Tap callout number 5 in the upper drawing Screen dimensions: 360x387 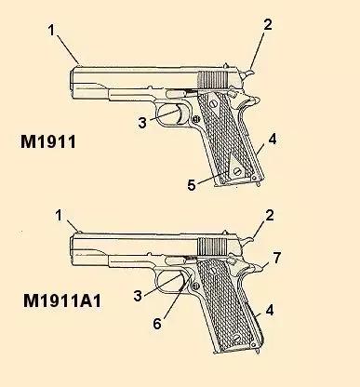[x=192, y=185]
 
